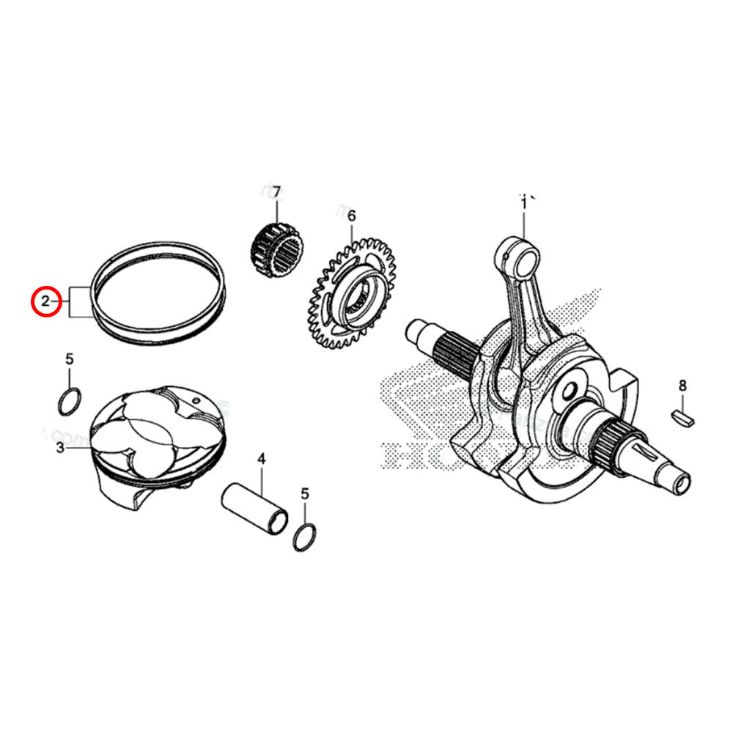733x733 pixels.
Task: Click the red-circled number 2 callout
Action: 45,301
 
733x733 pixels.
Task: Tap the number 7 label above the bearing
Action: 276,193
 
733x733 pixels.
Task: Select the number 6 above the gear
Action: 351,216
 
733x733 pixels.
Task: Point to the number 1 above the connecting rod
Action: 524,203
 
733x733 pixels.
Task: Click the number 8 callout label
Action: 682,386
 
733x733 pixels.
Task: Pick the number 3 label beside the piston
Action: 60,447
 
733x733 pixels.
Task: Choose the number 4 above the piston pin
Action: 261,460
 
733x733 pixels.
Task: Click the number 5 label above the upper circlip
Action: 70,359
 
